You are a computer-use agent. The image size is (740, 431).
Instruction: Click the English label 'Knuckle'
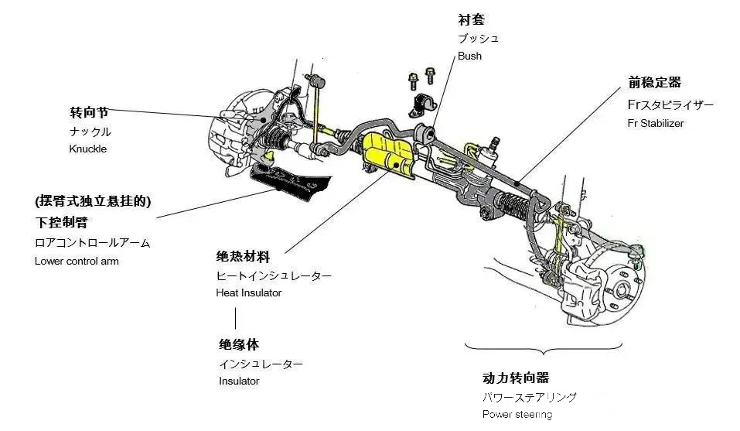87,149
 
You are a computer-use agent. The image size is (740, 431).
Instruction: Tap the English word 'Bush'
469,56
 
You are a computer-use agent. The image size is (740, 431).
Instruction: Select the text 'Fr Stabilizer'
656,123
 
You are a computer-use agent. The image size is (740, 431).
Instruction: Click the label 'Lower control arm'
77,261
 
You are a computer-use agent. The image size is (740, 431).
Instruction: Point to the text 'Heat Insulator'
249,293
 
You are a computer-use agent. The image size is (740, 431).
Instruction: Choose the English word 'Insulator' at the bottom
239,381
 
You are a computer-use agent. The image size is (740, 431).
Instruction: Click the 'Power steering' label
517,415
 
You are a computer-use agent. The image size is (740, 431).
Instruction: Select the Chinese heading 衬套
471,19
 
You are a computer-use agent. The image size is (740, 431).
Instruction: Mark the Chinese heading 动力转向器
516,378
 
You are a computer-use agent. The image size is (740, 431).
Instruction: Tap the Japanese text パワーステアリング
530,398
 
